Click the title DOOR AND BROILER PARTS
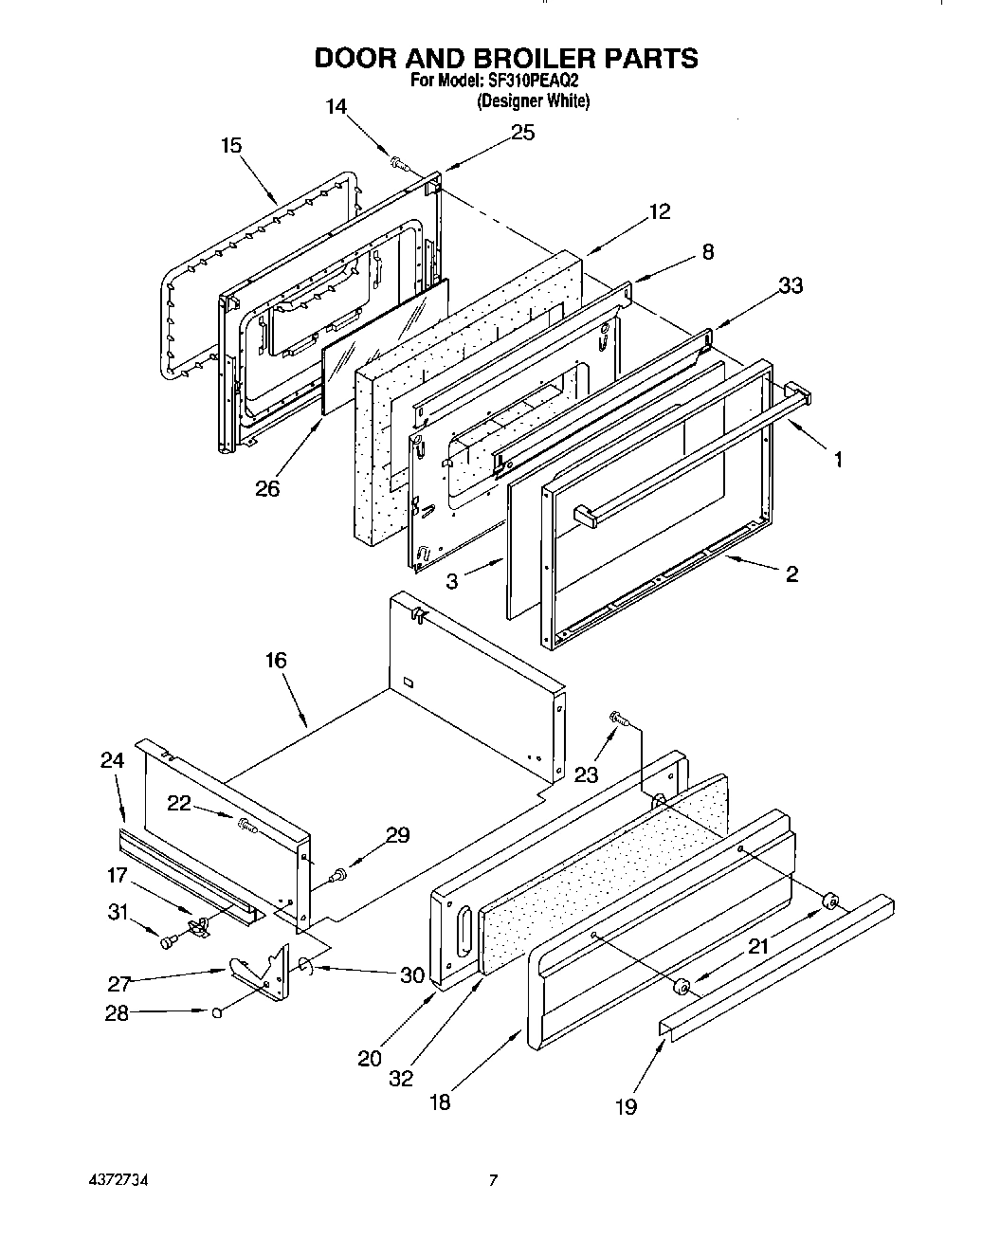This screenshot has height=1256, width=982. (506, 58)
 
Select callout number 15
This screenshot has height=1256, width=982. (230, 145)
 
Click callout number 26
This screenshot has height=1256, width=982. (268, 489)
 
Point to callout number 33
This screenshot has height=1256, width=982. (790, 285)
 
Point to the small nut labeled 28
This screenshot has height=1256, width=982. (217, 1012)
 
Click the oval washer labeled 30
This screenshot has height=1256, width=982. (305, 967)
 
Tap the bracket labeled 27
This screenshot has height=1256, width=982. (261, 972)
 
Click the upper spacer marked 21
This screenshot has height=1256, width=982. (830, 900)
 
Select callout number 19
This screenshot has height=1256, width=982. (626, 1105)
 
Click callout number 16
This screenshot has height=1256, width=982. (276, 659)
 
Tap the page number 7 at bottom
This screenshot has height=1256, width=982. (493, 1181)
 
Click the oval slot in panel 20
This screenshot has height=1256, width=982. (463, 934)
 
